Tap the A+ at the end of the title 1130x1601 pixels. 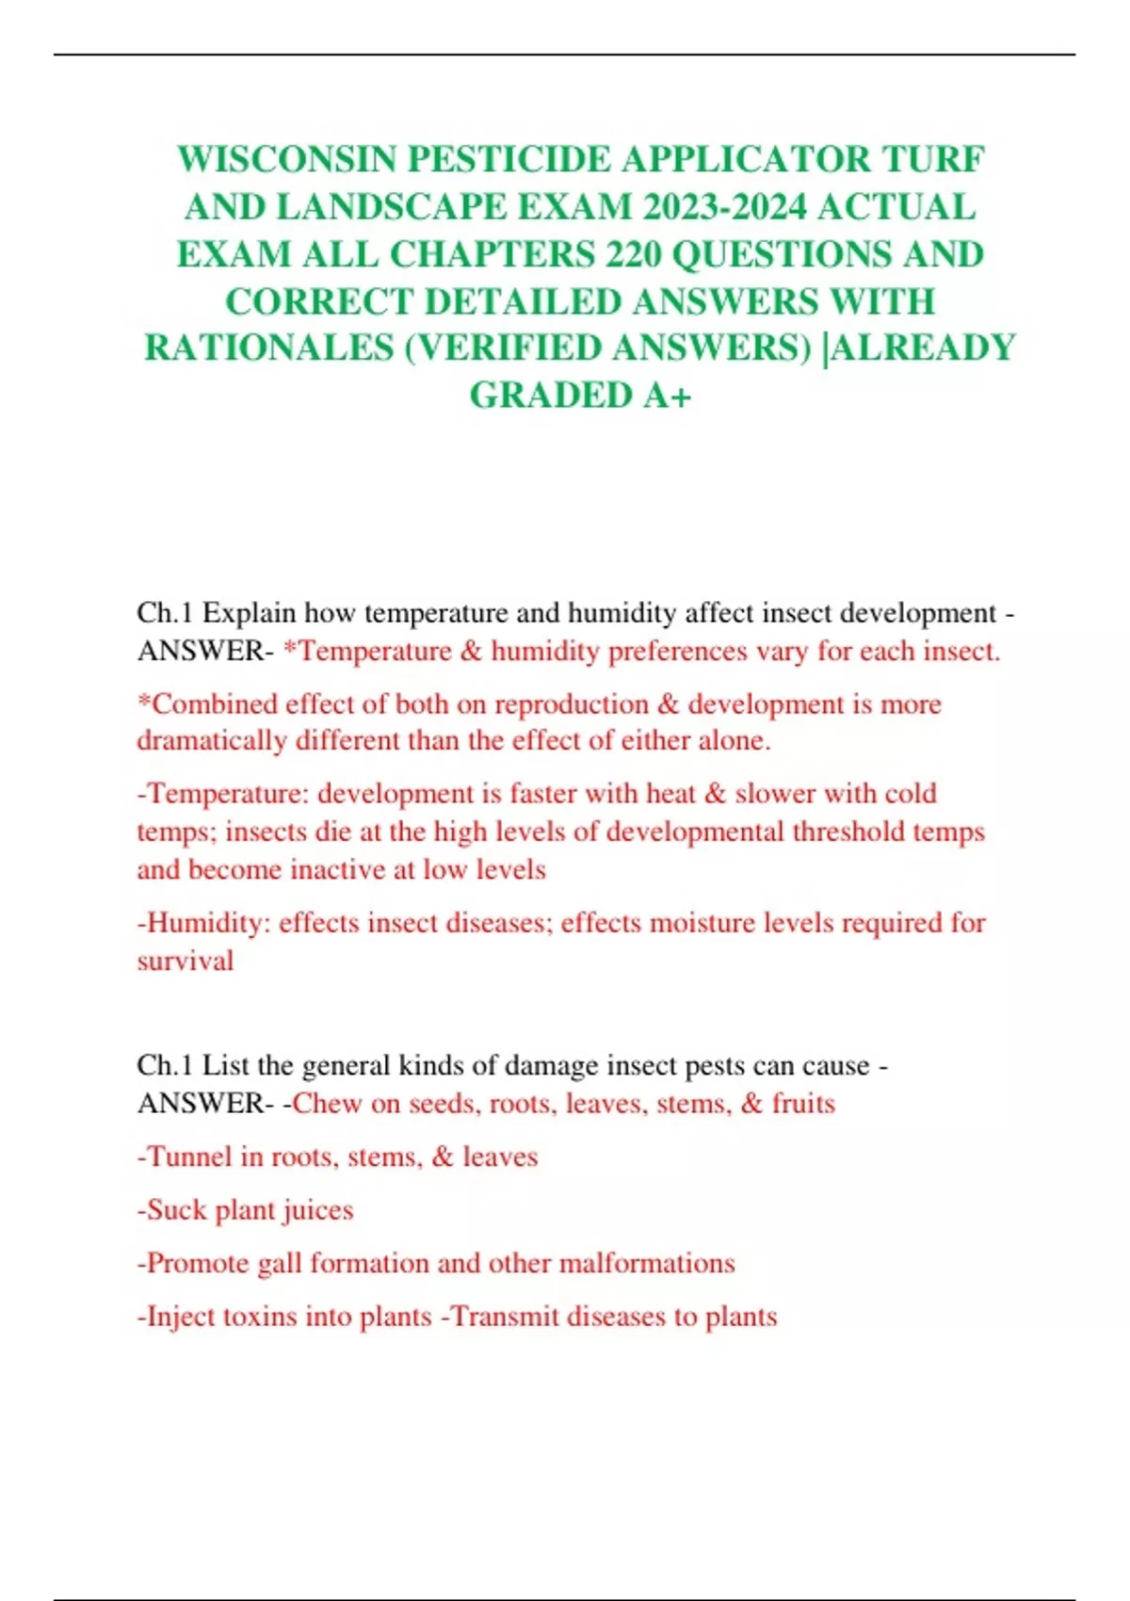coord(667,396)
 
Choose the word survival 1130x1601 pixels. coord(185,961)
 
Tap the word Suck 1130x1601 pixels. coord(173,1210)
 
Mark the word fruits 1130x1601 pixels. coord(803,1104)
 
